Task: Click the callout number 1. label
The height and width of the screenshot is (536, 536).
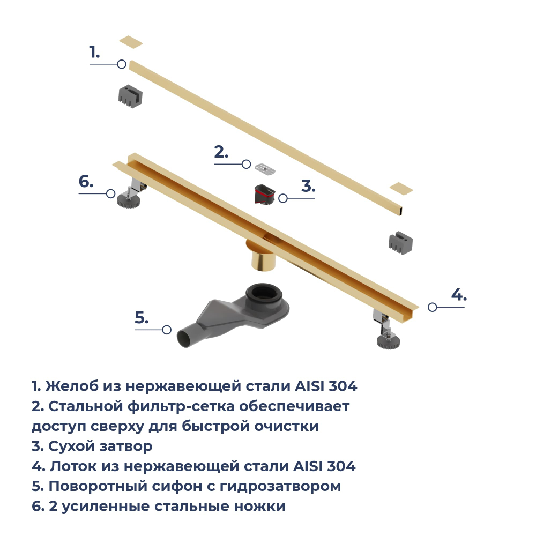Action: tap(94, 53)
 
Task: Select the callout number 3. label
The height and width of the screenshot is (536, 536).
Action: tap(308, 186)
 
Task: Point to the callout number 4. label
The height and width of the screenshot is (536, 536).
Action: tap(458, 294)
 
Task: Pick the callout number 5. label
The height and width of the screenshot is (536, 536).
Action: tap(142, 318)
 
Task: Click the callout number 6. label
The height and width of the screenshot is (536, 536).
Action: tap(86, 181)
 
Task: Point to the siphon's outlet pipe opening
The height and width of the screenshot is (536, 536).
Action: tap(184, 339)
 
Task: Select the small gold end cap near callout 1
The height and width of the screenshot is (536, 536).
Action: tap(131, 42)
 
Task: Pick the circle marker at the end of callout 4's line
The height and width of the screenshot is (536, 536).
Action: tap(433, 307)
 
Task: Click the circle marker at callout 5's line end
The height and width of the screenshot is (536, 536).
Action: tap(167, 330)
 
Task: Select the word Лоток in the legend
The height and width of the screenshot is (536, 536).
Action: tap(72, 466)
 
